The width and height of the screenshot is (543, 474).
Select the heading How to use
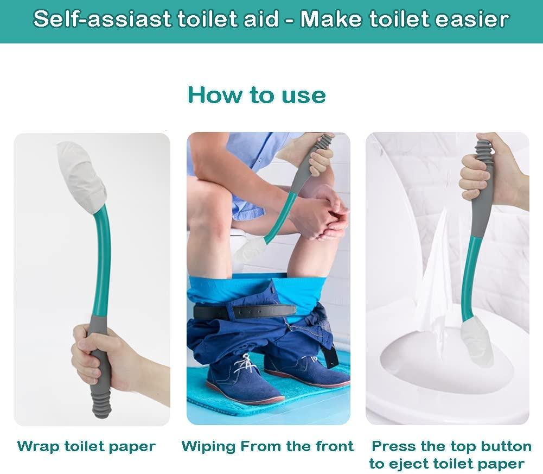(x=257, y=95)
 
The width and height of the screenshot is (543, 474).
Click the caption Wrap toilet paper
(x=86, y=447)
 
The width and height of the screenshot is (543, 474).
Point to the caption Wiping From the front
(x=267, y=447)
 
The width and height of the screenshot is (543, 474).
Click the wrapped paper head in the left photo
(x=81, y=176)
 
